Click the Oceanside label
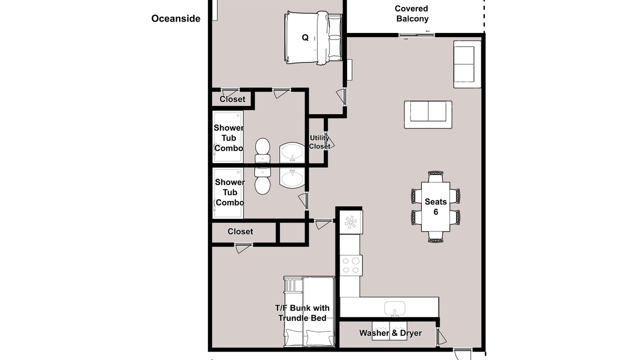tap(175, 18)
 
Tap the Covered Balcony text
tap(411, 13)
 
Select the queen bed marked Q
tap(313, 37)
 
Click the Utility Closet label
tap(319, 142)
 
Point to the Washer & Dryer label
tap(390, 333)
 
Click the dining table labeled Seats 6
tap(435, 206)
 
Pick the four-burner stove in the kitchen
tap(351, 265)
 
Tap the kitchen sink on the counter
tap(394, 308)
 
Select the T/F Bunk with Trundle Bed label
tap(302, 313)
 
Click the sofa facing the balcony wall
tap(428, 114)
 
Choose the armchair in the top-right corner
tap(467, 64)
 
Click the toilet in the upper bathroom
tap(262, 150)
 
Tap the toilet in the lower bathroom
tap(262, 181)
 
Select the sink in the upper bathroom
tap(292, 152)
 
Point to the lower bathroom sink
tap(292, 177)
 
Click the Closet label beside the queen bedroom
tap(232, 99)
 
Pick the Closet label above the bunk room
tap(240, 231)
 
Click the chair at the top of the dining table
tap(435, 176)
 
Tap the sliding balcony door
tap(416, 35)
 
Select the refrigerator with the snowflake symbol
tap(351, 222)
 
